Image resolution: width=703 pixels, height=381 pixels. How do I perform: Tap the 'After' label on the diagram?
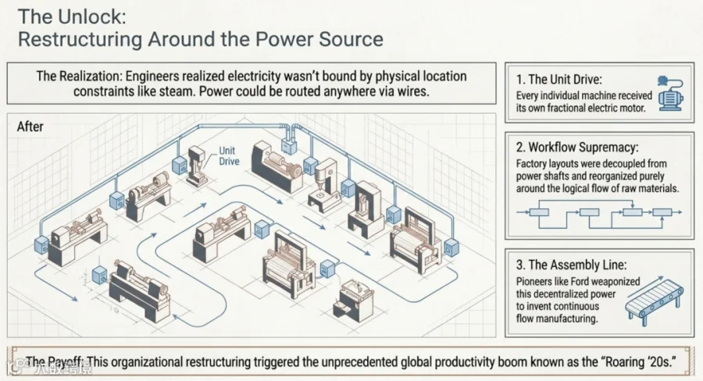(x=30, y=126)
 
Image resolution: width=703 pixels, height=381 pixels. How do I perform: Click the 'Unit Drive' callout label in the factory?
(x=229, y=156)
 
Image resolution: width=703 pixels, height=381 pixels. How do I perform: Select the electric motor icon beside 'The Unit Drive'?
(x=670, y=94)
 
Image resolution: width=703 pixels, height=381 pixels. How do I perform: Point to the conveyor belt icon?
(x=655, y=298)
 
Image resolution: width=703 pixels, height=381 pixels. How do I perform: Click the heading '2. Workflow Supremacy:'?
(x=576, y=147)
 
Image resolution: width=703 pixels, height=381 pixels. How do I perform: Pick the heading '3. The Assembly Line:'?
(x=571, y=265)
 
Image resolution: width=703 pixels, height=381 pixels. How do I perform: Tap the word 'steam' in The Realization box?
(x=180, y=91)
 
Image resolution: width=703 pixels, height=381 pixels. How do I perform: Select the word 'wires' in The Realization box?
(x=412, y=91)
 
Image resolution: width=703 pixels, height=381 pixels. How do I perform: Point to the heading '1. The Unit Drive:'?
(x=559, y=80)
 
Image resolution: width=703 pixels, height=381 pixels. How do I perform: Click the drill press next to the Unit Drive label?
(x=197, y=166)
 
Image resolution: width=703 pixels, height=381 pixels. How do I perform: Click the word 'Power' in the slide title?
(x=284, y=39)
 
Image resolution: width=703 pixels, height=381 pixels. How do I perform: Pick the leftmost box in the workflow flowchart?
(x=539, y=212)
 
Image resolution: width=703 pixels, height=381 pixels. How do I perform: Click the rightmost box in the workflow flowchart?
(x=662, y=212)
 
